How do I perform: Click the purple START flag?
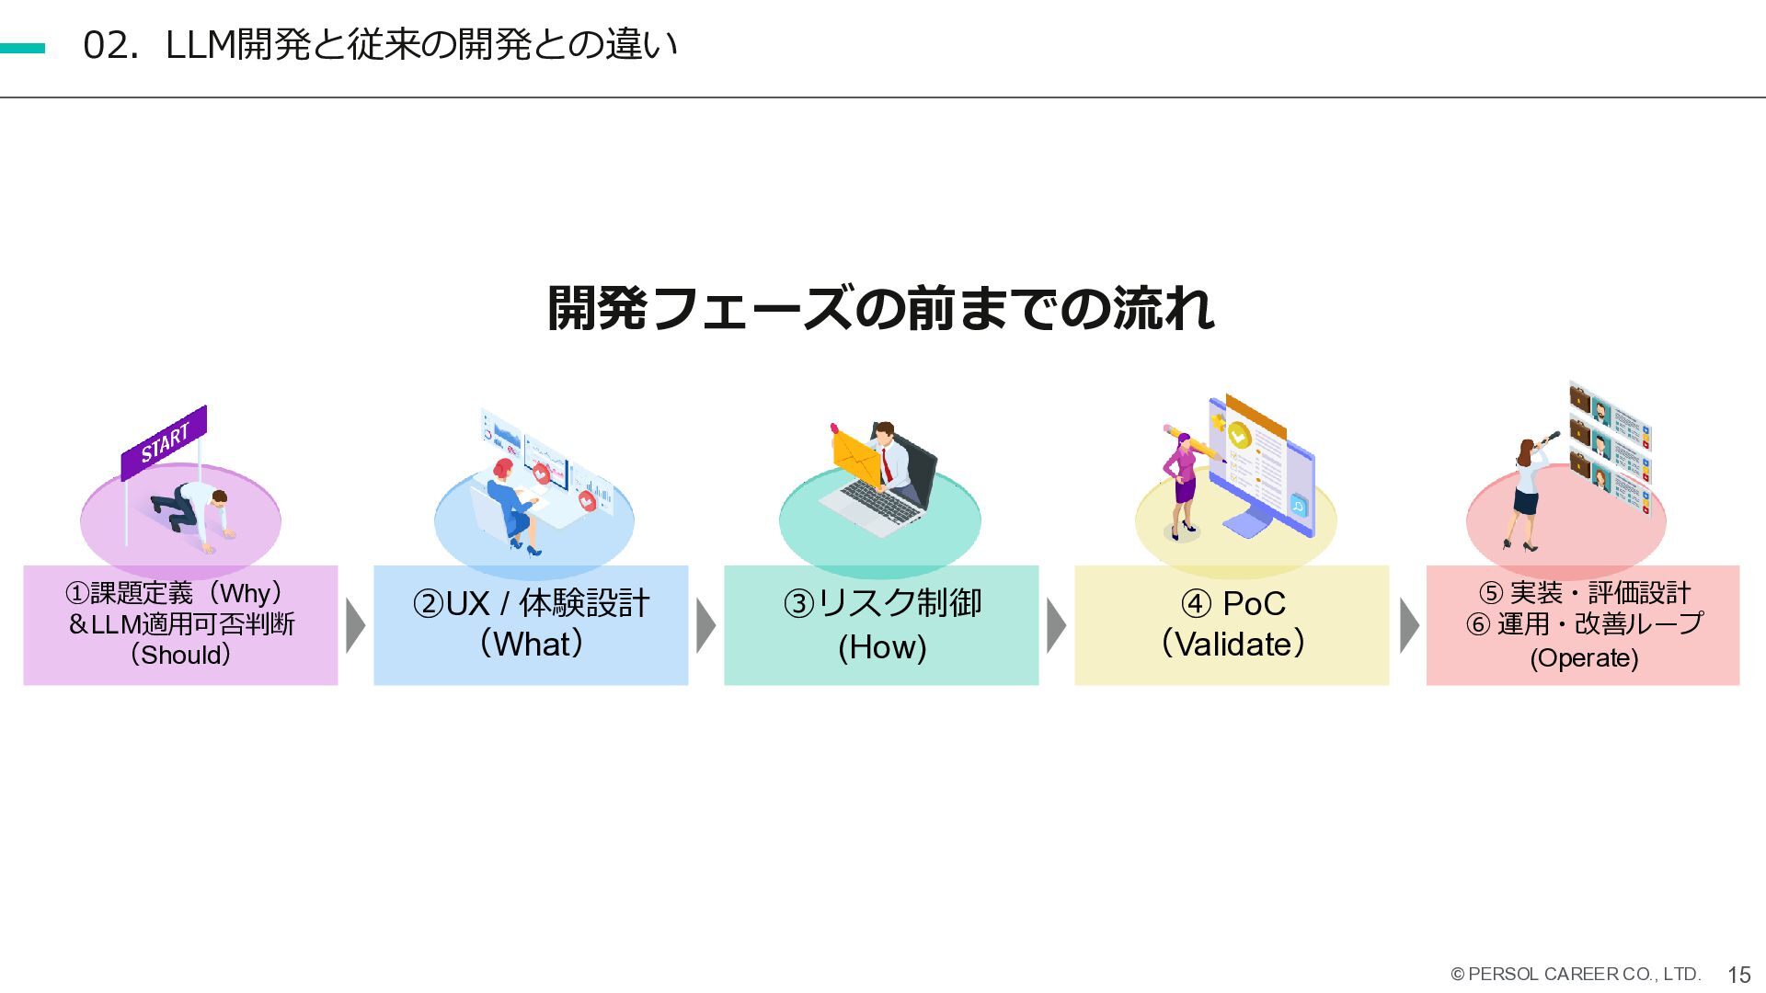165,442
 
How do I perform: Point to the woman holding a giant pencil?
1181,487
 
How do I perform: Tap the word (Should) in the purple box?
180,655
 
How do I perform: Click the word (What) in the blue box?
531,644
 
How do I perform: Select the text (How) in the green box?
881,647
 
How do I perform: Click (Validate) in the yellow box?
1233,644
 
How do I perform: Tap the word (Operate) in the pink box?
1583,658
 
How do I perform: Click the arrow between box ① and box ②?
355,625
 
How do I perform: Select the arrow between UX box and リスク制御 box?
705,625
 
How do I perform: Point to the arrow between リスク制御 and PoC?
1056,625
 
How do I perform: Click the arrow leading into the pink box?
1408,625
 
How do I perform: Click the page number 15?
1738,975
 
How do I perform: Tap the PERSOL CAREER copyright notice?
1576,974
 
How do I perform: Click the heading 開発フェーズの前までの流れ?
880,308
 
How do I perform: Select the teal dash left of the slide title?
22,48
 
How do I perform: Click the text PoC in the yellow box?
1253,604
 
